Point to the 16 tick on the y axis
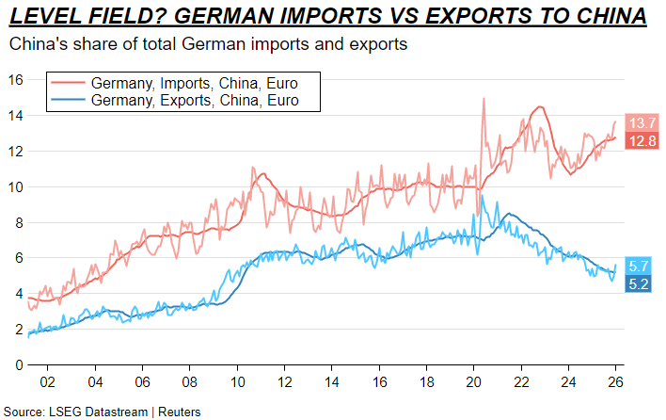tap(14, 80)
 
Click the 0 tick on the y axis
tap(18, 364)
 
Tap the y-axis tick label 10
tap(14, 186)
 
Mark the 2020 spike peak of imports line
tap(484, 98)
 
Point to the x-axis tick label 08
tap(190, 382)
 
